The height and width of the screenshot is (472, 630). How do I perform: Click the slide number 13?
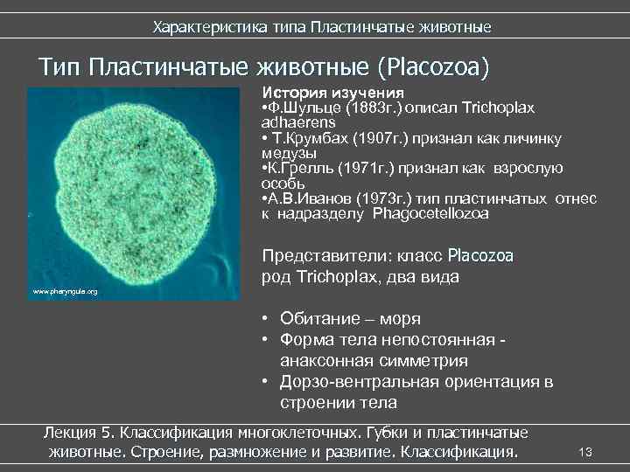pos(586,451)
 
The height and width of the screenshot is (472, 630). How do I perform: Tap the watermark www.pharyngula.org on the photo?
pos(65,291)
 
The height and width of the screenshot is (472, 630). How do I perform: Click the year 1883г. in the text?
pos(374,108)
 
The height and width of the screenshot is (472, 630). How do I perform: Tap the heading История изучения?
pos(332,93)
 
